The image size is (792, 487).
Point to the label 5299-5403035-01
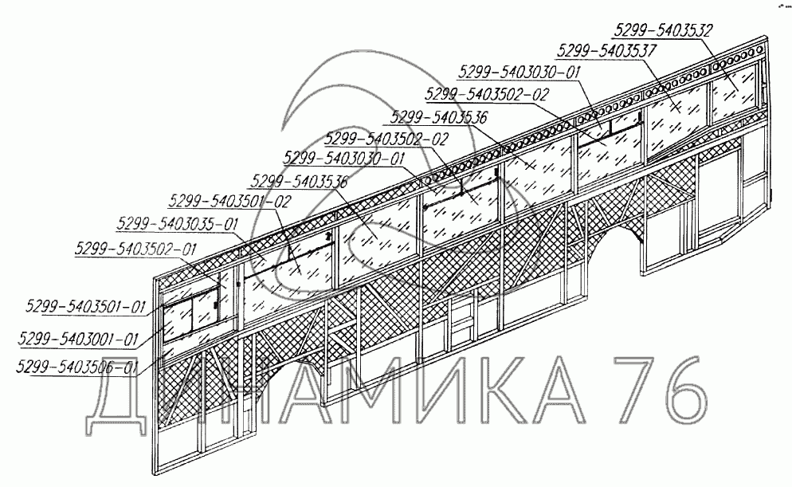click(177, 223)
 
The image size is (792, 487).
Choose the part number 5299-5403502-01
click(135, 248)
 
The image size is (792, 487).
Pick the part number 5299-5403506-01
click(77, 367)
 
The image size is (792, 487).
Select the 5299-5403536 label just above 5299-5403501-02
click(298, 181)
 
